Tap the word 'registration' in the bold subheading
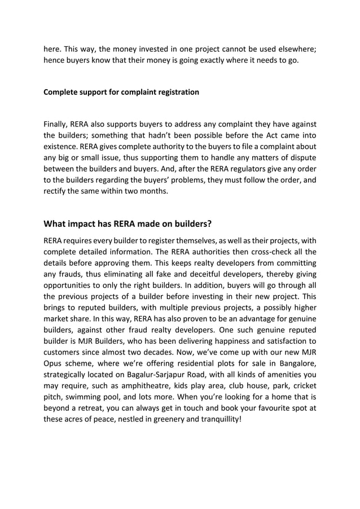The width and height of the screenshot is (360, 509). point(177,91)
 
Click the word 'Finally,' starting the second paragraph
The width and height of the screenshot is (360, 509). point(59,124)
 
